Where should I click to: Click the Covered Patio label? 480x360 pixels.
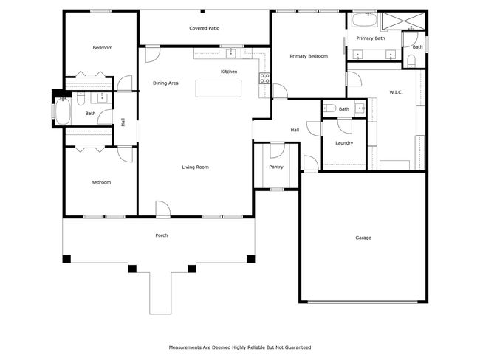[204, 28]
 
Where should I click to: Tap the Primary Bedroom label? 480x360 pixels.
[308, 56]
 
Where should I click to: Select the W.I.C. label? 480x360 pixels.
[395, 92]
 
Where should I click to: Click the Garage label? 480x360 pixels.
[363, 238]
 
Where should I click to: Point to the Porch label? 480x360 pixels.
[161, 235]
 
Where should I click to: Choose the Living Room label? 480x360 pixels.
[196, 167]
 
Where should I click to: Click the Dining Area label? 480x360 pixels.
[165, 83]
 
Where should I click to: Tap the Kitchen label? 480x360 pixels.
[229, 72]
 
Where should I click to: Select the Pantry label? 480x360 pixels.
[276, 167]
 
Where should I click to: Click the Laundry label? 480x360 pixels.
[343, 142]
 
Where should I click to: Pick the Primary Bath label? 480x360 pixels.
[370, 38]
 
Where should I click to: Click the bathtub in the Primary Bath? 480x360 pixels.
[363, 19]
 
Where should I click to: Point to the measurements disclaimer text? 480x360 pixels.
[240, 347]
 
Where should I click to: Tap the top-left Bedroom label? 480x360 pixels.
[102, 48]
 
